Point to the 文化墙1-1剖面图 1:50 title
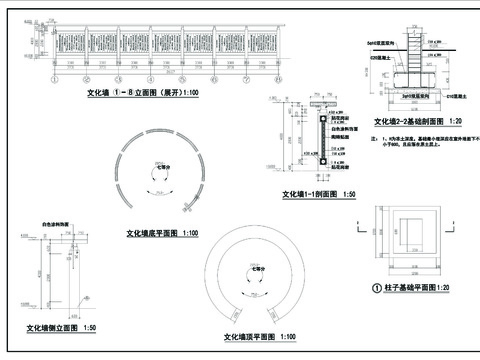tap(319, 194)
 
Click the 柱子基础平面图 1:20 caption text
tap(414, 287)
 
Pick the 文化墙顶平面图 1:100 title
tap(266, 337)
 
